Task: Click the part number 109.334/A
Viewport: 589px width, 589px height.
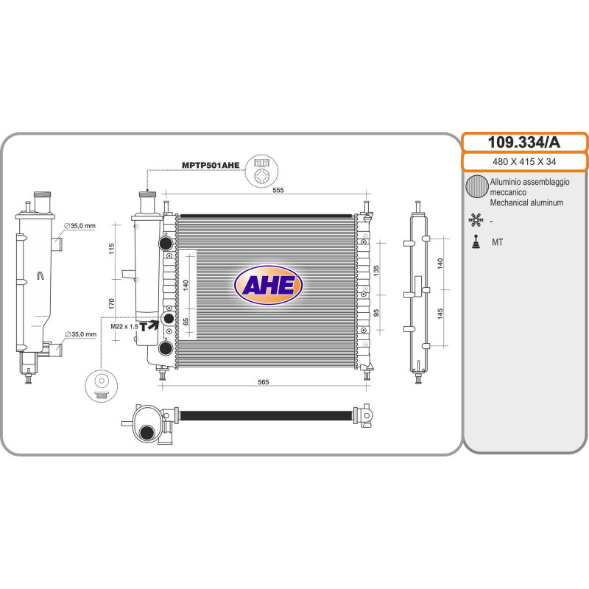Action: tap(523, 142)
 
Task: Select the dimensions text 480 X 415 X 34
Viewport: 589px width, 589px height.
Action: tap(524, 162)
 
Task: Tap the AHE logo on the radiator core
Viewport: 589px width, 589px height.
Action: tap(268, 285)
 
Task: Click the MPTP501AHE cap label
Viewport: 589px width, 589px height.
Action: tap(211, 165)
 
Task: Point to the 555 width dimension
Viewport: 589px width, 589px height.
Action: tap(278, 190)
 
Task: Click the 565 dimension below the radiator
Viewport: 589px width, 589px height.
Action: tap(264, 382)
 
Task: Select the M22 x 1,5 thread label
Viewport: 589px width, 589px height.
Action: tap(124, 326)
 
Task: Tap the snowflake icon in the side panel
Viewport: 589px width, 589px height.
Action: tap(476, 219)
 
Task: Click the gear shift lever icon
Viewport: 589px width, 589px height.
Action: tap(476, 242)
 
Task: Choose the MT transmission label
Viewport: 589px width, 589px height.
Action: tap(497, 242)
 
